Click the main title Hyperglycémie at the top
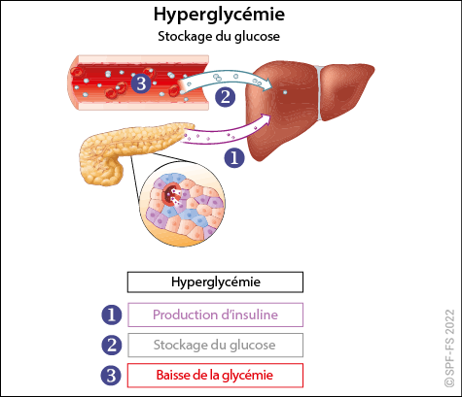(x=219, y=15)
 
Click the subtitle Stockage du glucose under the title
(x=219, y=36)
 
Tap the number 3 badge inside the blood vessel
(x=141, y=83)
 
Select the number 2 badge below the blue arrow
(x=226, y=97)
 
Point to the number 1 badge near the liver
(x=234, y=158)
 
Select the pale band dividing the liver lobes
(x=319, y=92)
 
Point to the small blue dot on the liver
(x=285, y=92)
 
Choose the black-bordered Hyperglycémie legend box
(x=215, y=282)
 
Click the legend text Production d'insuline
(x=215, y=314)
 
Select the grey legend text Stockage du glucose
(x=215, y=345)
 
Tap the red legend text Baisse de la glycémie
(x=215, y=376)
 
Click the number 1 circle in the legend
(x=112, y=314)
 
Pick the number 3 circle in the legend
(x=112, y=376)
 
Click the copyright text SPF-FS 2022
(x=449, y=348)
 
